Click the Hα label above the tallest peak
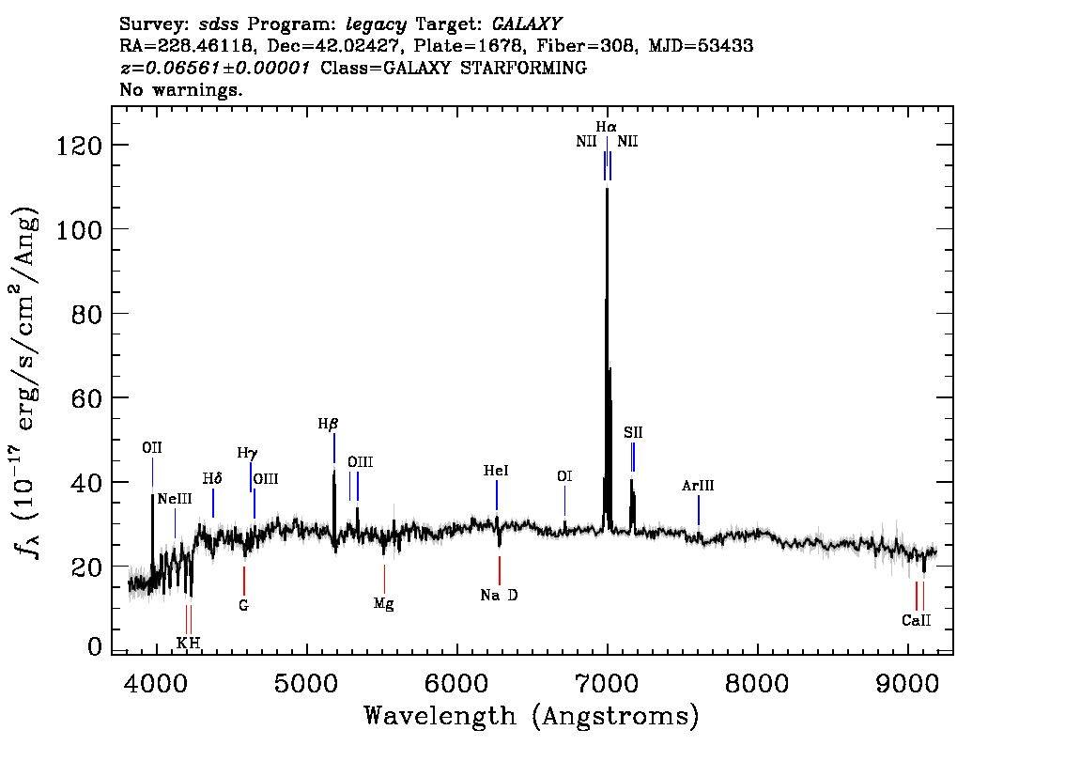click(x=606, y=126)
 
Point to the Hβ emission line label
click(x=327, y=424)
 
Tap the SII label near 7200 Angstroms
click(x=633, y=432)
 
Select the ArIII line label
click(x=698, y=486)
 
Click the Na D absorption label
click(x=499, y=595)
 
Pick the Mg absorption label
click(x=383, y=603)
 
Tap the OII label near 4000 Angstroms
click(x=152, y=447)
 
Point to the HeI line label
click(x=496, y=471)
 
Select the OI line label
click(x=563, y=476)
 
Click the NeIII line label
click(x=175, y=499)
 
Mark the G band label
click(x=243, y=605)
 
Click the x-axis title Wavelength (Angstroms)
click(x=532, y=716)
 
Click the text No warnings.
click(x=181, y=90)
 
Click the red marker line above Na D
click(x=499, y=570)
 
